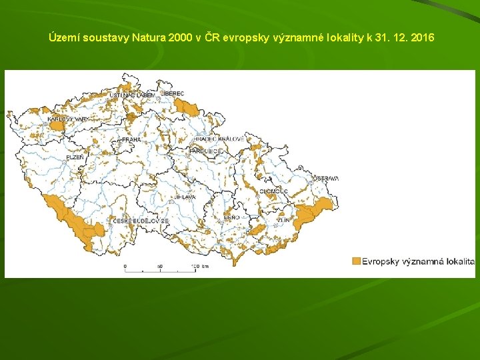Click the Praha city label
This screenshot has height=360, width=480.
click(x=131, y=140)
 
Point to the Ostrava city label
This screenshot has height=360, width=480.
click(x=326, y=179)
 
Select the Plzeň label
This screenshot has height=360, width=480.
click(x=75, y=158)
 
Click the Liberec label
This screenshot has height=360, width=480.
click(x=173, y=94)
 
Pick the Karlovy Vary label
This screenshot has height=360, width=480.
click(x=67, y=119)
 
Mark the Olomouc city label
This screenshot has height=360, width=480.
click(x=273, y=191)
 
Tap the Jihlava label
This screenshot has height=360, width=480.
click(x=184, y=198)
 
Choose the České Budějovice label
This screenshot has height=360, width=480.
click(x=141, y=221)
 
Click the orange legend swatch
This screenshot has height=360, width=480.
click(x=356, y=261)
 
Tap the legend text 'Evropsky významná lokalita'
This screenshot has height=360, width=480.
click(x=418, y=261)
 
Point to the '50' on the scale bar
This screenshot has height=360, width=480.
click(x=159, y=267)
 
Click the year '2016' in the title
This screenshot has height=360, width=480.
click(x=423, y=37)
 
